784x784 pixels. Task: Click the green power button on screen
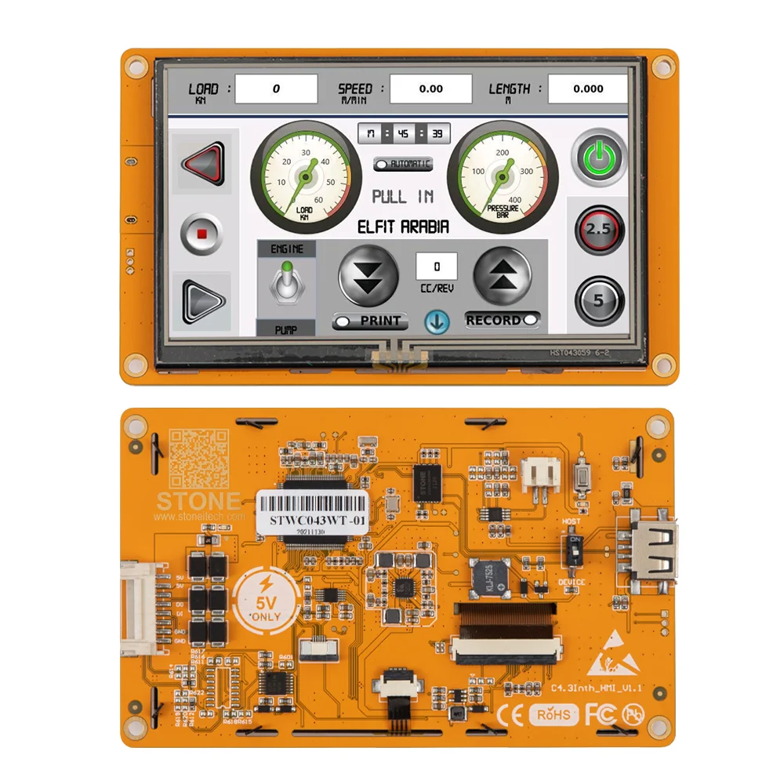pyautogui.click(x=599, y=158)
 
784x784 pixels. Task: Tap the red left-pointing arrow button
pyautogui.click(x=203, y=163)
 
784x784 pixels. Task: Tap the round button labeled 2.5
pyautogui.click(x=599, y=230)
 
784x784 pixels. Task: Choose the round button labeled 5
pyautogui.click(x=599, y=300)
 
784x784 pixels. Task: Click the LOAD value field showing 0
pyautogui.click(x=276, y=89)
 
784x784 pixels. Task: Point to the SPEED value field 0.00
pyautogui.click(x=430, y=89)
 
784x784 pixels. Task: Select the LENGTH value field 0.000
pyautogui.click(x=588, y=89)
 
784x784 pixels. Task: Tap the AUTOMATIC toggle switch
pyautogui.click(x=403, y=164)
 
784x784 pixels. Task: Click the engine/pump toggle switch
pyautogui.click(x=285, y=283)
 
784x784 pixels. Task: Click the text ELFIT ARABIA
pyautogui.click(x=403, y=227)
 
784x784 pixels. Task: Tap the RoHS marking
pyautogui.click(x=555, y=714)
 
